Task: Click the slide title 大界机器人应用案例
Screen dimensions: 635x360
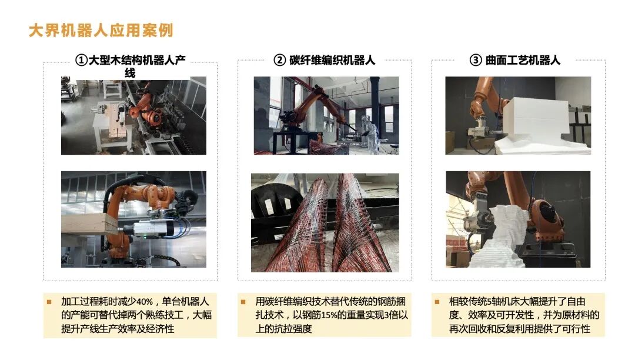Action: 101,31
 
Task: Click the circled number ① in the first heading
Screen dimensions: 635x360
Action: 81,61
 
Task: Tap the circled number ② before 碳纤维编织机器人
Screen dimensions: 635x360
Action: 279,61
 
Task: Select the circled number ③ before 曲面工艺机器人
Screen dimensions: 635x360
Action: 476,61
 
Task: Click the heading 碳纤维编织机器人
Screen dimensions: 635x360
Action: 332,61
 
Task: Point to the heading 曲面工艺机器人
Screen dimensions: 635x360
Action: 523,61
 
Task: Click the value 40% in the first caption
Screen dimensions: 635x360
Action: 145,302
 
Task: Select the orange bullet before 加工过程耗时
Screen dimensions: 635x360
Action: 49,302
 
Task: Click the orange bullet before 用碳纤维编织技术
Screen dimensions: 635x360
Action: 243,302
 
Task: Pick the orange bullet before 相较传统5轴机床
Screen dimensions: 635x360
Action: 437,302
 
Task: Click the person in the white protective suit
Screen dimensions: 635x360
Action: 370,134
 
